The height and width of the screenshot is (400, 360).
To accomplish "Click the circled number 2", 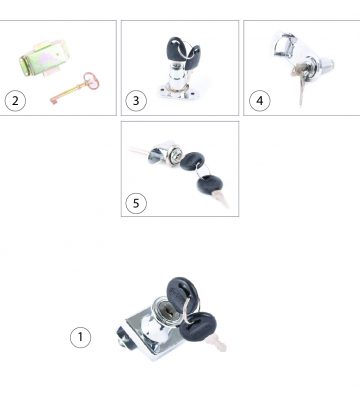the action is (15, 101).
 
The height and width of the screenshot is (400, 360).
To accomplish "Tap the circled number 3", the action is (136, 101).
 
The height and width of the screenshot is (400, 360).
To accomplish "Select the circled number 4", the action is (260, 101).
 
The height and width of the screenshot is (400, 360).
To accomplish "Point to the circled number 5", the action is (136, 203).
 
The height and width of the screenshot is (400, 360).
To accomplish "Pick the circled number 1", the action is (80, 337).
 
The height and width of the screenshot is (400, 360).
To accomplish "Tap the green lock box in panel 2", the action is (44, 58).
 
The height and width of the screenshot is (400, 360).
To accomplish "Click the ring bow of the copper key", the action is (91, 81).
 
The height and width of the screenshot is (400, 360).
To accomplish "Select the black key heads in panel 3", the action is (183, 53).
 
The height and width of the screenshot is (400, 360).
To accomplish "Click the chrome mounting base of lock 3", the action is (178, 92).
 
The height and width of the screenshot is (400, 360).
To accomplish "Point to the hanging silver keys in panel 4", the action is (300, 82).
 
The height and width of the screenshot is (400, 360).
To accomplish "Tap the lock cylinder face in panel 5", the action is (176, 156).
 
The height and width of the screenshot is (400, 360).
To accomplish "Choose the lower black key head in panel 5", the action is (210, 185).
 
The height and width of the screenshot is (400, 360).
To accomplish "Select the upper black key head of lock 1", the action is (182, 295).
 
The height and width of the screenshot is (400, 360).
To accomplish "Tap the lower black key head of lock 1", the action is (198, 327).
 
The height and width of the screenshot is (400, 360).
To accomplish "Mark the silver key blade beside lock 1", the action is (216, 343).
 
